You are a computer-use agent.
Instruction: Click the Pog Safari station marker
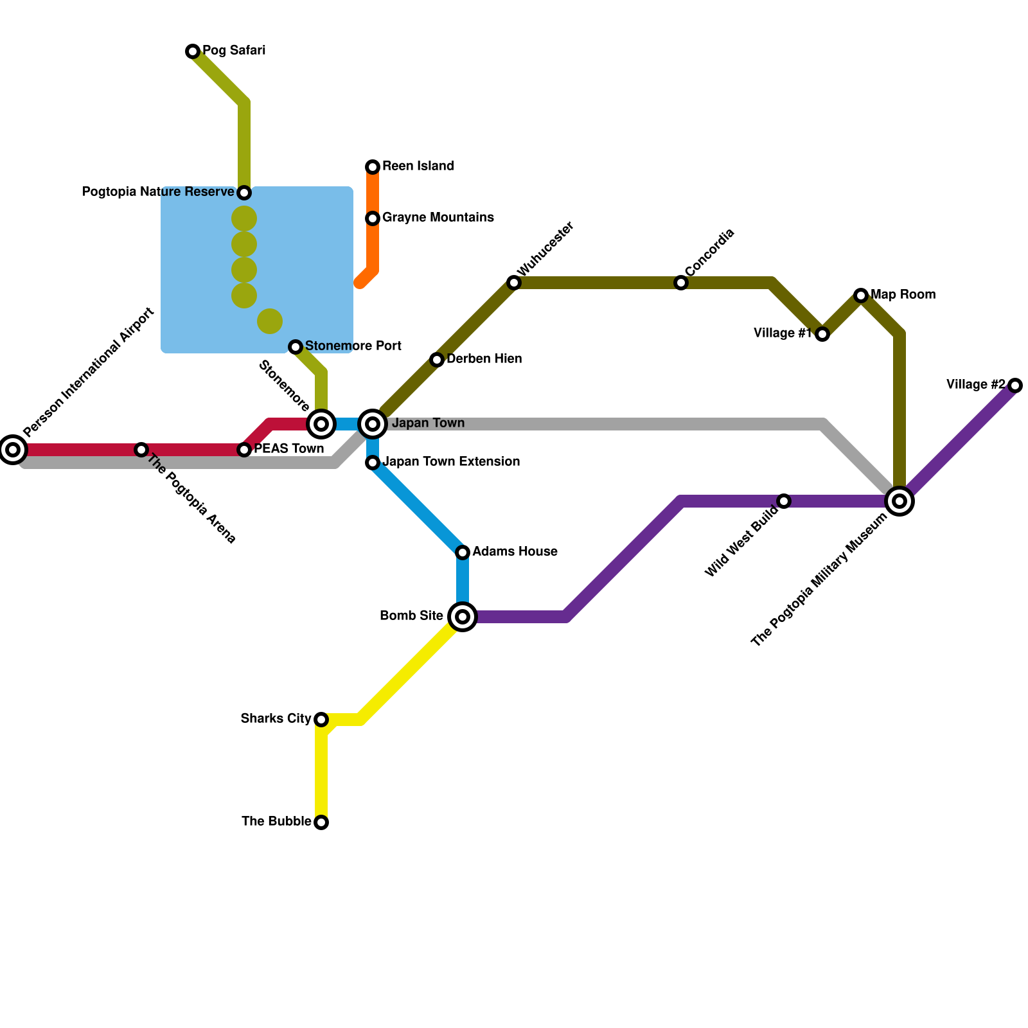(x=193, y=51)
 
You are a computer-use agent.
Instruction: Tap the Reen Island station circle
(x=373, y=167)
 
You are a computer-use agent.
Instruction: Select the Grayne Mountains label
(x=438, y=218)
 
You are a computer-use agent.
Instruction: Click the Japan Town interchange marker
(x=373, y=424)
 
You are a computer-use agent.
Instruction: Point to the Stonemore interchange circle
(x=321, y=424)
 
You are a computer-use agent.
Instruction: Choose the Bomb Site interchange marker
(x=463, y=617)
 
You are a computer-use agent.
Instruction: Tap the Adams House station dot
(x=463, y=553)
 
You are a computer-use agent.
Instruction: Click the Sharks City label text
(x=276, y=718)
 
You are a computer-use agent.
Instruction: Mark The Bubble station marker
(x=321, y=822)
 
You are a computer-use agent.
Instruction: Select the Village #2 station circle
(x=1015, y=385)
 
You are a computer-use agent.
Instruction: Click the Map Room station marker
(x=861, y=296)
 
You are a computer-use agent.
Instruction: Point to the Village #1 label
(x=783, y=333)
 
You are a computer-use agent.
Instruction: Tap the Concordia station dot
(x=681, y=283)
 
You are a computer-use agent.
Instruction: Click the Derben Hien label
(x=484, y=359)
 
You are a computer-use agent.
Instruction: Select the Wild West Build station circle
(x=784, y=501)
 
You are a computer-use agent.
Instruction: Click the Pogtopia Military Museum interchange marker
(x=899, y=501)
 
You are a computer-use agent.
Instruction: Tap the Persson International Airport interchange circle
(x=13, y=450)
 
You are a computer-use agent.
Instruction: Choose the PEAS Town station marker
(x=244, y=450)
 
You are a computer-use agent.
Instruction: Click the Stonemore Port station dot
(x=296, y=347)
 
